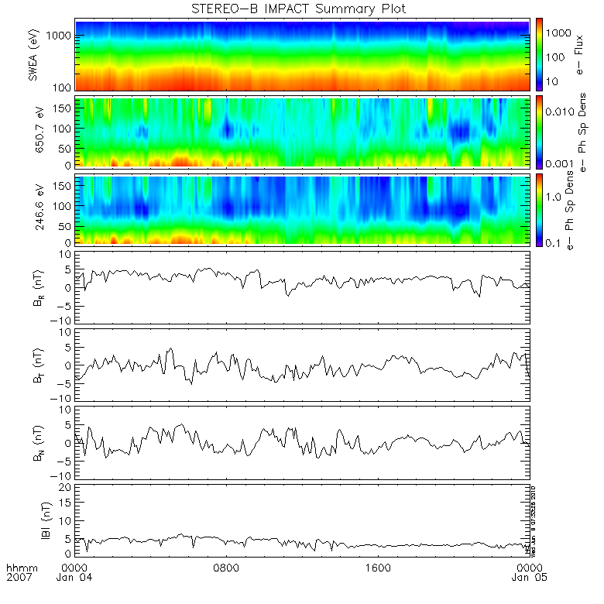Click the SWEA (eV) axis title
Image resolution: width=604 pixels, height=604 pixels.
[x=34, y=55]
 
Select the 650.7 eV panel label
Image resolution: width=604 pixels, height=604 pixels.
[x=34, y=132]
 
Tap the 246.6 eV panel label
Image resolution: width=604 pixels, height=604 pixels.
[x=34, y=208]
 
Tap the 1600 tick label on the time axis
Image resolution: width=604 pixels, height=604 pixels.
[x=378, y=568]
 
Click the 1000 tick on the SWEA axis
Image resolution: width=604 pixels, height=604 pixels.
[x=60, y=36]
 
